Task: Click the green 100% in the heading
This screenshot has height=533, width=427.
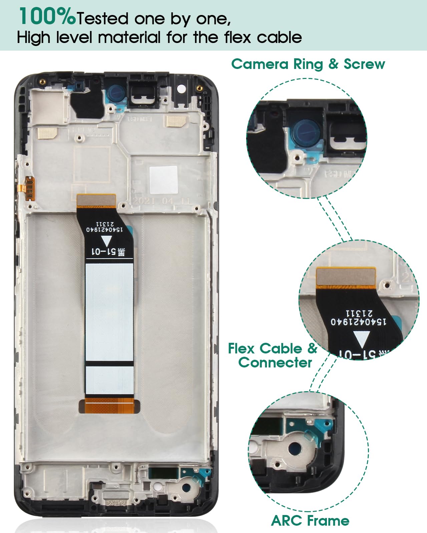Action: (47, 17)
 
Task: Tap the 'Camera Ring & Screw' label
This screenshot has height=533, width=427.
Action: (308, 64)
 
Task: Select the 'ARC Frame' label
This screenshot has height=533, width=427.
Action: (310, 520)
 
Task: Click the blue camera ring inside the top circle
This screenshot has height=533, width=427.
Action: (306, 132)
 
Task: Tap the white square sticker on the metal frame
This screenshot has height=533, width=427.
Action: (163, 180)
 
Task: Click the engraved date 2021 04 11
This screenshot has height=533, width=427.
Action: (161, 201)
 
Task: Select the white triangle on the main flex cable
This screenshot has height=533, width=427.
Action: (107, 241)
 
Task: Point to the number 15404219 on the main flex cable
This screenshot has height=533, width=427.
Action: (104, 229)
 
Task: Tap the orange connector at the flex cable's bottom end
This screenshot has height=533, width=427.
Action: (109, 406)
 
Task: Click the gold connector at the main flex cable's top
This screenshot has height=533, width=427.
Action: (96, 200)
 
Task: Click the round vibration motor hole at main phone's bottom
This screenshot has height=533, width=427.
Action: (186, 488)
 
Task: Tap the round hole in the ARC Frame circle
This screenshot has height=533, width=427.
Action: (295, 449)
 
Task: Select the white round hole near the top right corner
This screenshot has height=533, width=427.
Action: (181, 89)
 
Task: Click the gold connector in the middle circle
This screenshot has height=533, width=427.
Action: (345, 276)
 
